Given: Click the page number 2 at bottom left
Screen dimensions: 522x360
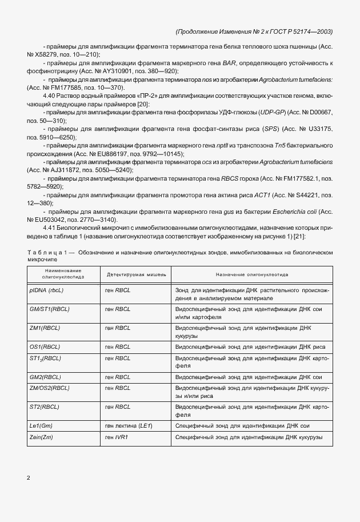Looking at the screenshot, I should tap(28, 477).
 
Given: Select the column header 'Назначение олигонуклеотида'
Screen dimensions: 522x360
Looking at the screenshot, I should tap(252, 274).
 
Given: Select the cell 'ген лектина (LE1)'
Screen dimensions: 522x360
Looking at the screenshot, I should tap(129, 426).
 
